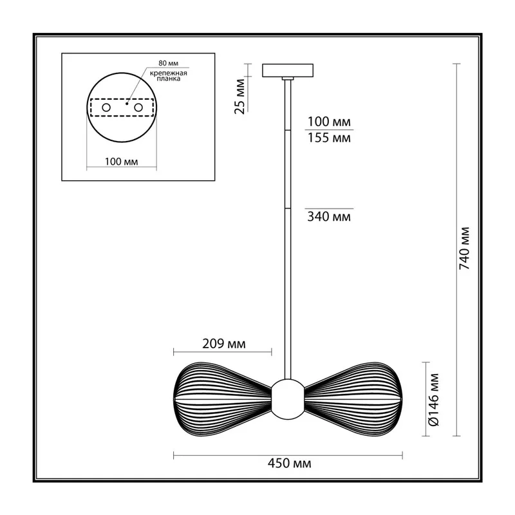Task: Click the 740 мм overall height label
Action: (464, 248)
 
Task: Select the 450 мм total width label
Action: (289, 463)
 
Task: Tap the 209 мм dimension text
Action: (223, 344)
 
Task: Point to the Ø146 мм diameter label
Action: (434, 399)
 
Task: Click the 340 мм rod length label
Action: (329, 216)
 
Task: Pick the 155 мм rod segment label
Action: (329, 138)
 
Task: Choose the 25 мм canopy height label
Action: (240, 96)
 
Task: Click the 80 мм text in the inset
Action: (169, 63)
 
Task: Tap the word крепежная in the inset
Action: (169, 73)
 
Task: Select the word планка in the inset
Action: (169, 79)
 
